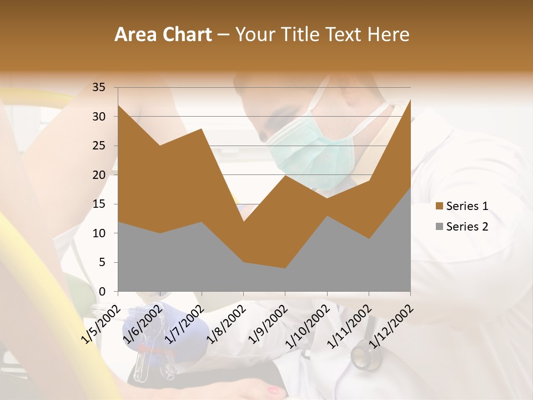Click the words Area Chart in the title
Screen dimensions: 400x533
click(163, 35)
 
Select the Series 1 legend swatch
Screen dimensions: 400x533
click(439, 206)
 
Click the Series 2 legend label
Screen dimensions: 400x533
click(467, 227)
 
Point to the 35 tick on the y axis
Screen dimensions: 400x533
click(99, 87)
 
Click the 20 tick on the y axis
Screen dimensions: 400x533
click(99, 175)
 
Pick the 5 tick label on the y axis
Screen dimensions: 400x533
click(102, 262)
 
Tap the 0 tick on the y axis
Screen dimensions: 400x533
click(102, 292)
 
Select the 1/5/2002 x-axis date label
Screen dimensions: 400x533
click(100, 324)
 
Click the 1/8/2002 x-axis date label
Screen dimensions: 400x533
click(226, 324)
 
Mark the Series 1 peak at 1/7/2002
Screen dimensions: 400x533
click(202, 128)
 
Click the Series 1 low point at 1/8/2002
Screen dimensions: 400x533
click(243, 222)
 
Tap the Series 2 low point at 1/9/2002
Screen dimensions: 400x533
click(285, 268)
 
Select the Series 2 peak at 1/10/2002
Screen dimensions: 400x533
click(327, 216)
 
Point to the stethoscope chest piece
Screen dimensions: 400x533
click(364, 356)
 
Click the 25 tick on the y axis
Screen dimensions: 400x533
click(99, 146)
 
